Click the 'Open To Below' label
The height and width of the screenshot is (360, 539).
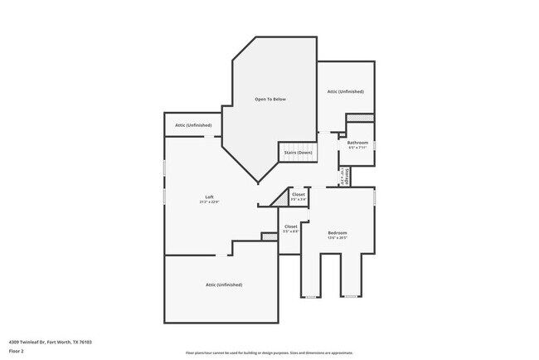[269, 100]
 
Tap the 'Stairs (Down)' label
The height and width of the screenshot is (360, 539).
[298, 153]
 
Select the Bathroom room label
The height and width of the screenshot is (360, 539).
[357, 143]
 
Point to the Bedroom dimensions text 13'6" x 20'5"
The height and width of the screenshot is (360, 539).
[337, 237]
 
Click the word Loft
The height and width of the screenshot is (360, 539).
[210, 197]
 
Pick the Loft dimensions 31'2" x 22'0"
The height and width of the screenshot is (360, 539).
[210, 202]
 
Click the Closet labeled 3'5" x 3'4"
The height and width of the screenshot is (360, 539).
[299, 199]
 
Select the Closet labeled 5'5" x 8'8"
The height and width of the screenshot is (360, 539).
[291, 231]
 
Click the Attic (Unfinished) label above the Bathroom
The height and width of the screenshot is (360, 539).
[345, 91]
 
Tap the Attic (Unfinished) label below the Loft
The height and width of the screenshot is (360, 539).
[224, 285]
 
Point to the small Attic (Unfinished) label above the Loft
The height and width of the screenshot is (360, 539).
[192, 125]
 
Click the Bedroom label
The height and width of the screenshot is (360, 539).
[337, 232]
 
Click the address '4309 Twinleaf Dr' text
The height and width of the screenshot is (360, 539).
[27, 342]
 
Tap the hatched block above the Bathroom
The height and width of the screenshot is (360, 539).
[361, 118]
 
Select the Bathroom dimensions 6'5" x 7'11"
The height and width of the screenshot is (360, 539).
[357, 148]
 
